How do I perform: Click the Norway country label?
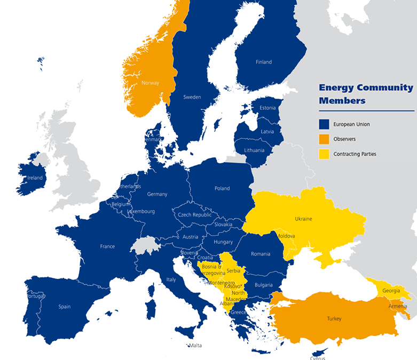pos(150,83)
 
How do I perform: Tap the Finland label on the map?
pos(264,62)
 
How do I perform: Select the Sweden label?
pos(192,97)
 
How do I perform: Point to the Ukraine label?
pos(303,219)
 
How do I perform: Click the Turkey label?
pos(334,319)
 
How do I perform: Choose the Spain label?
pos(65,307)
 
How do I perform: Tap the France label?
pos(107,246)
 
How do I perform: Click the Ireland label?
pos(35,178)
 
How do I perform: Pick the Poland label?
pos(222,188)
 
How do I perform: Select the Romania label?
pos(261,254)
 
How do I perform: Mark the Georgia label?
pos(391,291)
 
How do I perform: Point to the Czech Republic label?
pos(195,215)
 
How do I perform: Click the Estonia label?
pos(267,108)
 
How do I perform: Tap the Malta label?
pos(196,346)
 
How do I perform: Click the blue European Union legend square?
pos(324,124)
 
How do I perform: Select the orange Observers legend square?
pos(324,139)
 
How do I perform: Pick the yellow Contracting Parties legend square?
pos(324,154)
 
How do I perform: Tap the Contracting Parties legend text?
pos(355,154)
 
